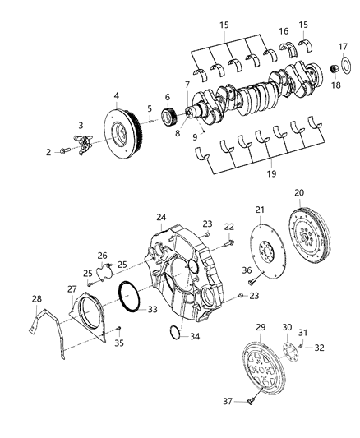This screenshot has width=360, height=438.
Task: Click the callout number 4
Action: click(x=117, y=96)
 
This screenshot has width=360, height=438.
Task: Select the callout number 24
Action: click(x=162, y=218)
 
